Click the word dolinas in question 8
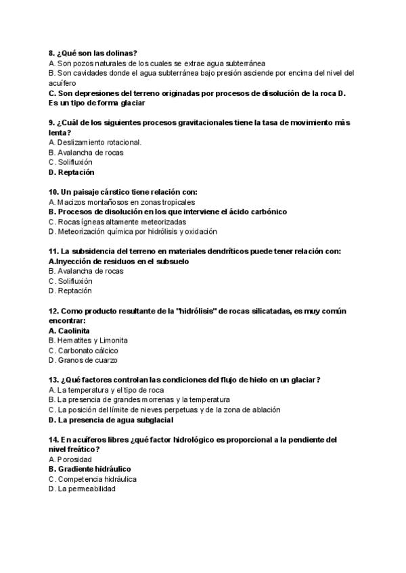click(x=120, y=53)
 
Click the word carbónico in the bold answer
click(x=265, y=211)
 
